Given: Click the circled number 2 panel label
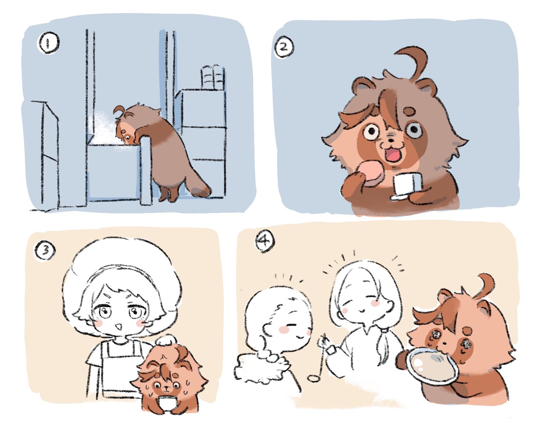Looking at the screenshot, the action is (284, 48).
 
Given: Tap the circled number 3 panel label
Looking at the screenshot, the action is (45, 251).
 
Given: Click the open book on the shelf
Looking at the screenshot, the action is (213, 77).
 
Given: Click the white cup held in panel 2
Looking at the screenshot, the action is (407, 186).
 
